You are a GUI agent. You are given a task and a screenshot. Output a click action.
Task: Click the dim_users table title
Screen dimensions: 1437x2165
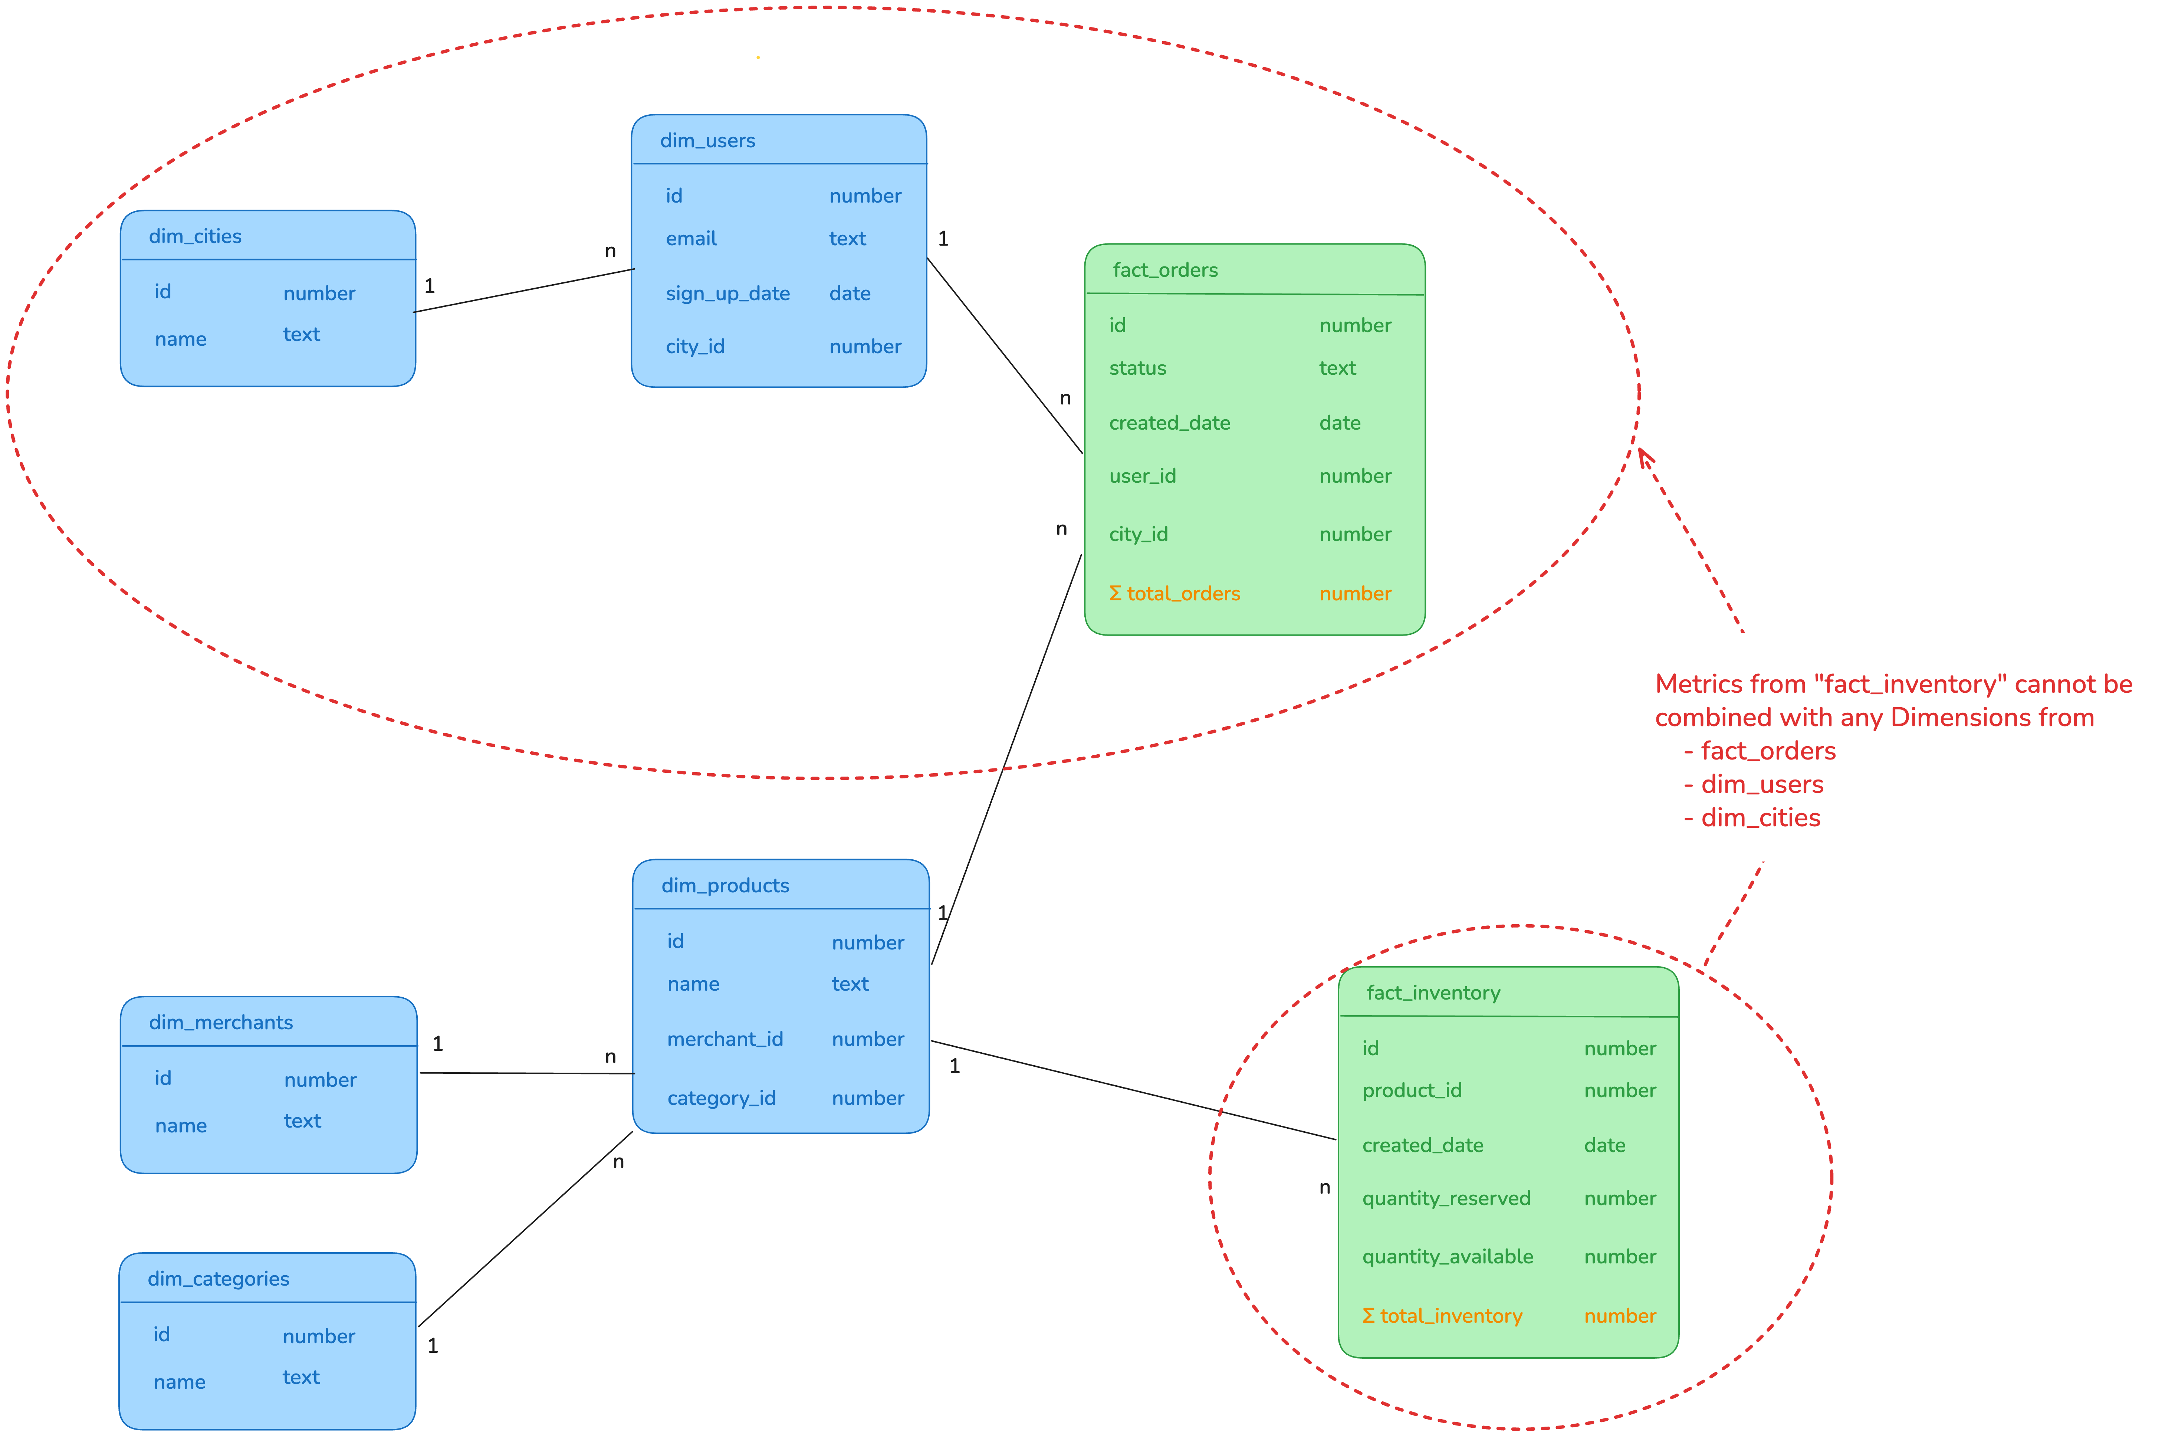pos(707,140)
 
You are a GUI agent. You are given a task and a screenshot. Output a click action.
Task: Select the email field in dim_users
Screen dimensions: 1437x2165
pos(691,238)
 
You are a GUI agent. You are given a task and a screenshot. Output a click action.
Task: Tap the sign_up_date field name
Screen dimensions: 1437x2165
pos(727,293)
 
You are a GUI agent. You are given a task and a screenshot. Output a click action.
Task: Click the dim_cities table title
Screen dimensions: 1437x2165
pos(195,236)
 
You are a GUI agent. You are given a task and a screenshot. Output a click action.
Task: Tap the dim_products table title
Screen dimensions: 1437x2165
pos(725,885)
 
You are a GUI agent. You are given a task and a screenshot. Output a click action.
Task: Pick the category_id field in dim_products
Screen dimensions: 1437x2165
pos(721,1098)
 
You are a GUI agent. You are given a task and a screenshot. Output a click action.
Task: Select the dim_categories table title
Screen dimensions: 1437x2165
pos(218,1279)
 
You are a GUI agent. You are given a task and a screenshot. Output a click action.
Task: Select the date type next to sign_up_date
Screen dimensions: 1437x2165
pos(849,293)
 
